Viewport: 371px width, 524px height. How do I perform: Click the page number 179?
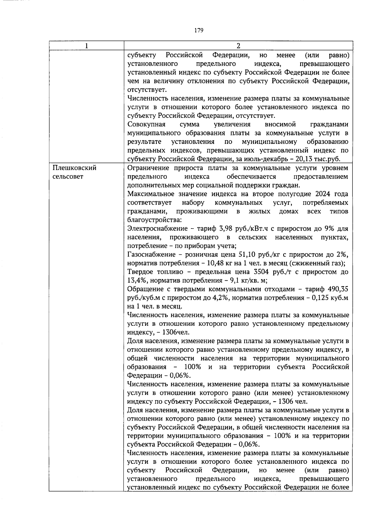[199, 30]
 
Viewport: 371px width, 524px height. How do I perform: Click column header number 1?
[86, 46]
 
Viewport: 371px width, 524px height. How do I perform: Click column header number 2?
[238, 46]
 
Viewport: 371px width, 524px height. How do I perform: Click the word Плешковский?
[75, 168]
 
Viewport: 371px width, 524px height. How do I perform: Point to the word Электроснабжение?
[157, 229]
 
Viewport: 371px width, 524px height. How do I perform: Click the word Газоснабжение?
[151, 255]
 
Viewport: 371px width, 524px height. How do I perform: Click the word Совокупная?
[146, 124]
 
